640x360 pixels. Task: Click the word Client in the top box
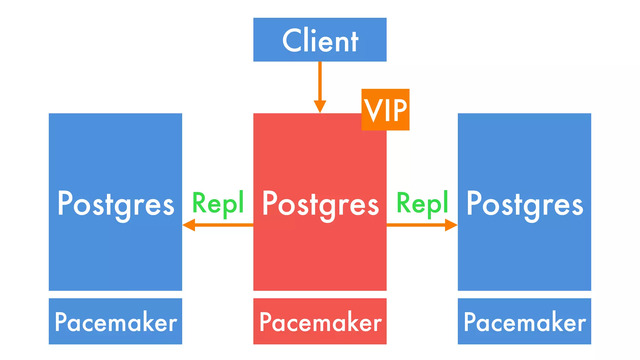[320, 41]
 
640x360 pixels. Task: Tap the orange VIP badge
[385, 109]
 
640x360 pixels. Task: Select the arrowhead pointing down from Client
[320, 106]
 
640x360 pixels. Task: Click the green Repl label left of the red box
[218, 203]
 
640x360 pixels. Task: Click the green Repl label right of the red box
[422, 203]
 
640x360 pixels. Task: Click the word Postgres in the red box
[320, 205]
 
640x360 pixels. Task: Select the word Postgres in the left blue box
[116, 205]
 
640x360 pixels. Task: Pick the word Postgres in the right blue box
[525, 205]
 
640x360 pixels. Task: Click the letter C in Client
[293, 41]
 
